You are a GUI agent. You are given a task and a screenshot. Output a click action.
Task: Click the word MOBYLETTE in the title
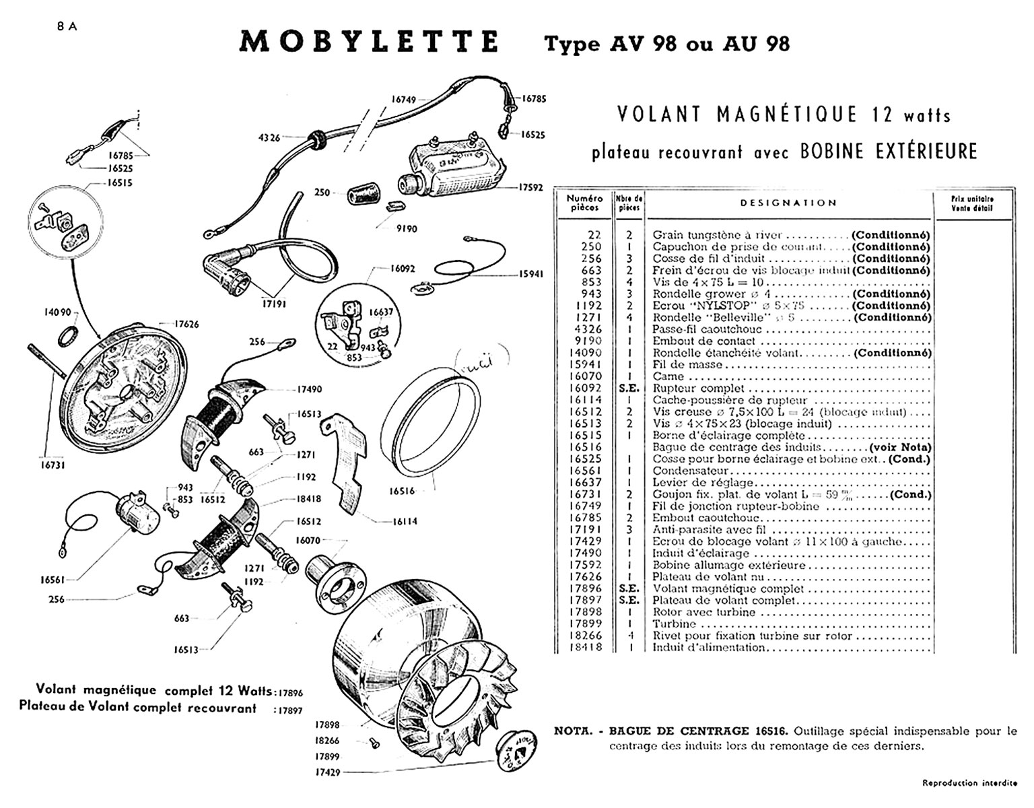click(x=369, y=42)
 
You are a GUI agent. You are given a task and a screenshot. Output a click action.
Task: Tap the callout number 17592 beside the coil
click(x=530, y=188)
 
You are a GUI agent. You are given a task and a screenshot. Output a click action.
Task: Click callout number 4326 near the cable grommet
click(x=269, y=137)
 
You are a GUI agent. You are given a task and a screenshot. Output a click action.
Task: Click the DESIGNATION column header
click(x=788, y=203)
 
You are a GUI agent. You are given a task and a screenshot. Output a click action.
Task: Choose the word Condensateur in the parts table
click(x=691, y=471)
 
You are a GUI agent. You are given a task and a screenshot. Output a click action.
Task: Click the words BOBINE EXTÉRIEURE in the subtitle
click(x=889, y=151)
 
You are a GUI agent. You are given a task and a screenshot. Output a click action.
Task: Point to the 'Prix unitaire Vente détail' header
click(x=973, y=203)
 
